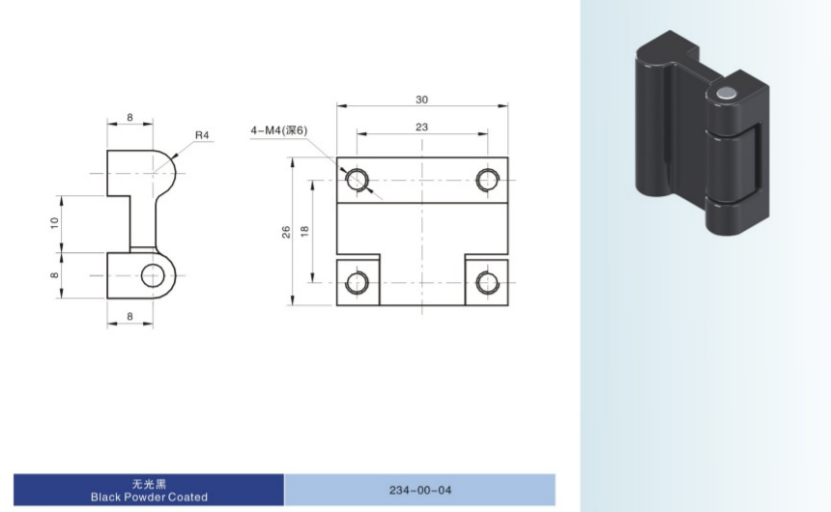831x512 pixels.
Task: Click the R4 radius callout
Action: pos(202,135)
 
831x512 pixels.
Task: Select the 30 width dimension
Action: pos(422,100)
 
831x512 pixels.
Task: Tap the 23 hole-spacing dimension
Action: pos(422,128)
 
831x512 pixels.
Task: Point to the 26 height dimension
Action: pos(286,232)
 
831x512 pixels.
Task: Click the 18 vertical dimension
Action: pos(304,231)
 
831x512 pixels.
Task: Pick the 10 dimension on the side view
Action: pos(54,223)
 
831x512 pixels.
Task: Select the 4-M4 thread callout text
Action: pos(278,129)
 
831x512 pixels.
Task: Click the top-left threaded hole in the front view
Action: pos(358,180)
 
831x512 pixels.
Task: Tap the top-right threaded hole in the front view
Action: pos(487,180)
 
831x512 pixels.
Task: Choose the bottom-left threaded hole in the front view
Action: pos(358,282)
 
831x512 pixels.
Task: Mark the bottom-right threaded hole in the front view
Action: pos(487,282)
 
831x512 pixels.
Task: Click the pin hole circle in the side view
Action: pos(153,275)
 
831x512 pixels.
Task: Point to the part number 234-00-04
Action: pos(420,491)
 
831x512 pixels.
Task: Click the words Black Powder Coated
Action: pos(149,498)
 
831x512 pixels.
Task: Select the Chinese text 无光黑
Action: pos(149,483)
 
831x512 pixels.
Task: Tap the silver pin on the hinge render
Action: pos(725,95)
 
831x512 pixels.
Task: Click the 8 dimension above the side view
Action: pos(129,117)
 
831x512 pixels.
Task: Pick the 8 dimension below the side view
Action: pos(129,317)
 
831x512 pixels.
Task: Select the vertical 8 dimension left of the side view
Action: pos(54,275)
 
